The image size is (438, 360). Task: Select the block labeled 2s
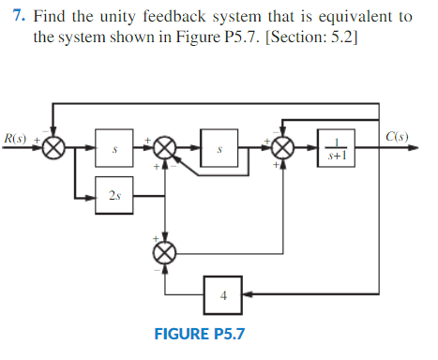click(114, 198)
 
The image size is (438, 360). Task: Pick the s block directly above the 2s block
click(114, 149)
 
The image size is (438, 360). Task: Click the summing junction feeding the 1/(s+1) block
click(283, 149)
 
